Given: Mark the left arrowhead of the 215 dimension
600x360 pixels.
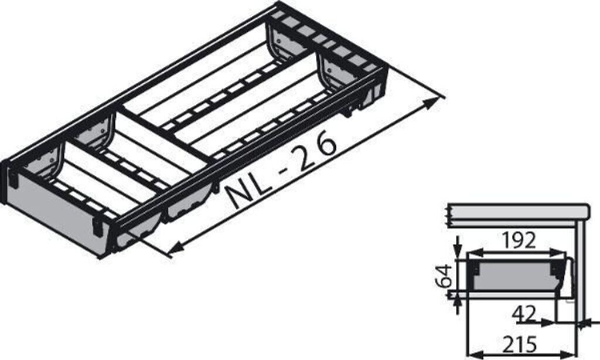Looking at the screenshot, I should pos(472,354).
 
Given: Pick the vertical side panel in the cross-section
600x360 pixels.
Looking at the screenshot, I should pos(580,264).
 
